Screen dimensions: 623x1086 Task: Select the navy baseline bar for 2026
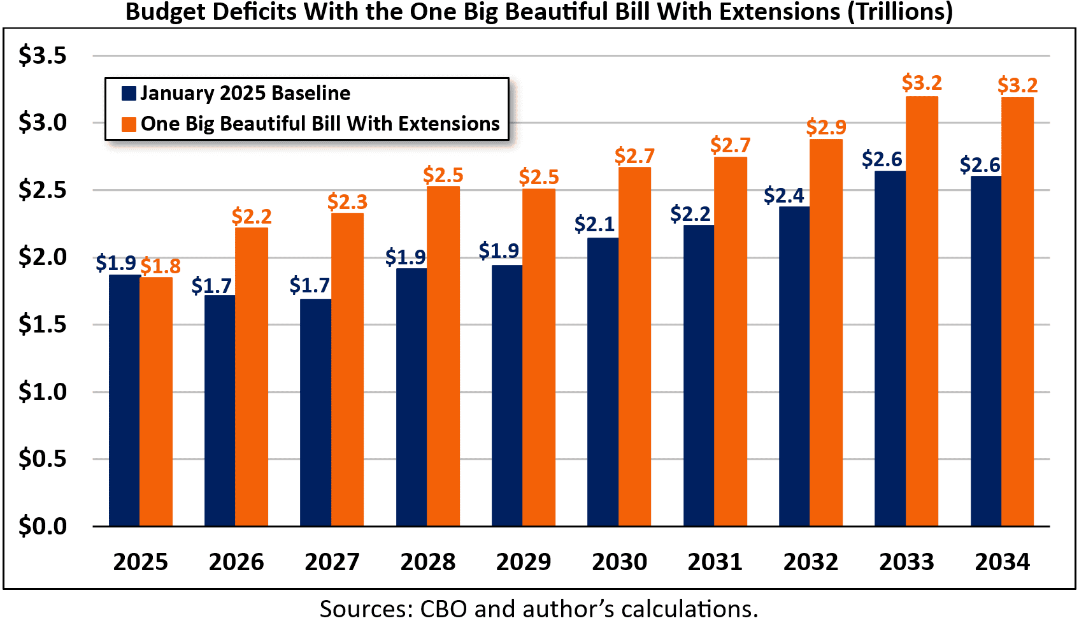coord(220,410)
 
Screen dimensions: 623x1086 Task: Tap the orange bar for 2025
coord(156,401)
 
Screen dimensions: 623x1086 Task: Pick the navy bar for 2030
coord(603,382)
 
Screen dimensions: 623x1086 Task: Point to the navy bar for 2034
coord(985,351)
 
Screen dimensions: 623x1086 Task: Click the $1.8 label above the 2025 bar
coord(161,266)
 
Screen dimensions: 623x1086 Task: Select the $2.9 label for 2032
coord(826,127)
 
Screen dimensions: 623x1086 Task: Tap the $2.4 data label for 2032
coord(784,195)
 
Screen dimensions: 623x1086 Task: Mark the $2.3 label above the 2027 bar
coord(348,201)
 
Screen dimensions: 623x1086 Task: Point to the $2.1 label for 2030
coord(594,224)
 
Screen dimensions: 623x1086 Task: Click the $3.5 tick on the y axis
coord(42,55)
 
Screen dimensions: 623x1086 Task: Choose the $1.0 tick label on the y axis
coord(42,391)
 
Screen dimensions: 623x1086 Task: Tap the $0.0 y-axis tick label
coord(42,526)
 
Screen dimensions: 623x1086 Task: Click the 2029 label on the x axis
coord(524,562)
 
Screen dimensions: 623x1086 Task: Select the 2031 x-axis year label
coord(715,562)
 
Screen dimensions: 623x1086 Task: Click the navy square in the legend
coord(129,94)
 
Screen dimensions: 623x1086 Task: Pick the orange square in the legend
coord(129,124)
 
